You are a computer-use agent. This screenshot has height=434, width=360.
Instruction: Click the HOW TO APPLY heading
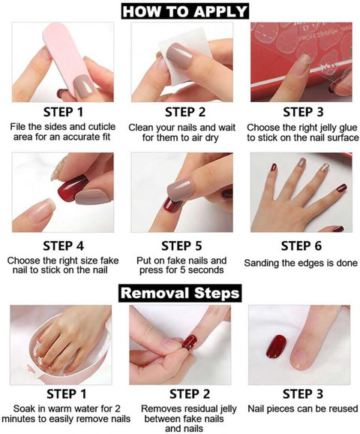184,11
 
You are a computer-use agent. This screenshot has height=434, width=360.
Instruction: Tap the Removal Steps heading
180,293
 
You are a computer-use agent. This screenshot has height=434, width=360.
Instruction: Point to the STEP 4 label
63,246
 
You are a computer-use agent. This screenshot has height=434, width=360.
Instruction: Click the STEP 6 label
301,246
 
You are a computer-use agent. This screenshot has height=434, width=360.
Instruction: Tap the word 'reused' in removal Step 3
344,408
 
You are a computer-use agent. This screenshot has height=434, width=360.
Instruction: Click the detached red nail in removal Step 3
276,347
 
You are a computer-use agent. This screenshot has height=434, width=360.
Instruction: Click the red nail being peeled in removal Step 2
190,342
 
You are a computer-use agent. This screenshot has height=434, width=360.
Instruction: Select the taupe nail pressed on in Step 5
180,189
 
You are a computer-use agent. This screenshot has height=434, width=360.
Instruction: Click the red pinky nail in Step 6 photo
342,188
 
